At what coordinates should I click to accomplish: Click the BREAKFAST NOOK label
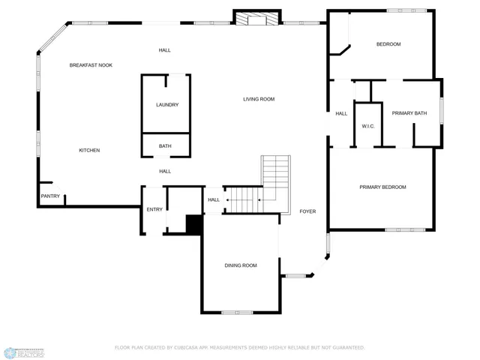tap(91, 65)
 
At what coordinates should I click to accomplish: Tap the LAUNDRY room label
tap(167, 105)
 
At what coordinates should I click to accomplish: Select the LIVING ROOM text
tap(259, 99)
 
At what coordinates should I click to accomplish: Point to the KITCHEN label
tap(89, 151)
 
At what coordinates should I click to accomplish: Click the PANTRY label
tap(49, 196)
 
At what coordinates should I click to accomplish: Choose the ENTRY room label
tap(154, 209)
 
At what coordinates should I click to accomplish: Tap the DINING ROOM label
tap(241, 265)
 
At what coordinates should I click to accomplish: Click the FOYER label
tap(307, 211)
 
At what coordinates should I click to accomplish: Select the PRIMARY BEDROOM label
tap(382, 187)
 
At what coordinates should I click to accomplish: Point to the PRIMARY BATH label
tap(409, 113)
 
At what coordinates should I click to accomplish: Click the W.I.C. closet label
tap(368, 126)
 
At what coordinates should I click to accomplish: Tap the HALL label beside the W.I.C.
tap(341, 113)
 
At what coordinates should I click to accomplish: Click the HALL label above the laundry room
tap(164, 50)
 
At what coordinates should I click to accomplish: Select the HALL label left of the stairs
tap(214, 199)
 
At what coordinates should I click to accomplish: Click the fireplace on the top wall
tap(256, 18)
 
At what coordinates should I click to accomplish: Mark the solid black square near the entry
tap(194, 225)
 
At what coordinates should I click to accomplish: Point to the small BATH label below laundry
tap(165, 146)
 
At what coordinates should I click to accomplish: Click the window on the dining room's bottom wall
tap(237, 312)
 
